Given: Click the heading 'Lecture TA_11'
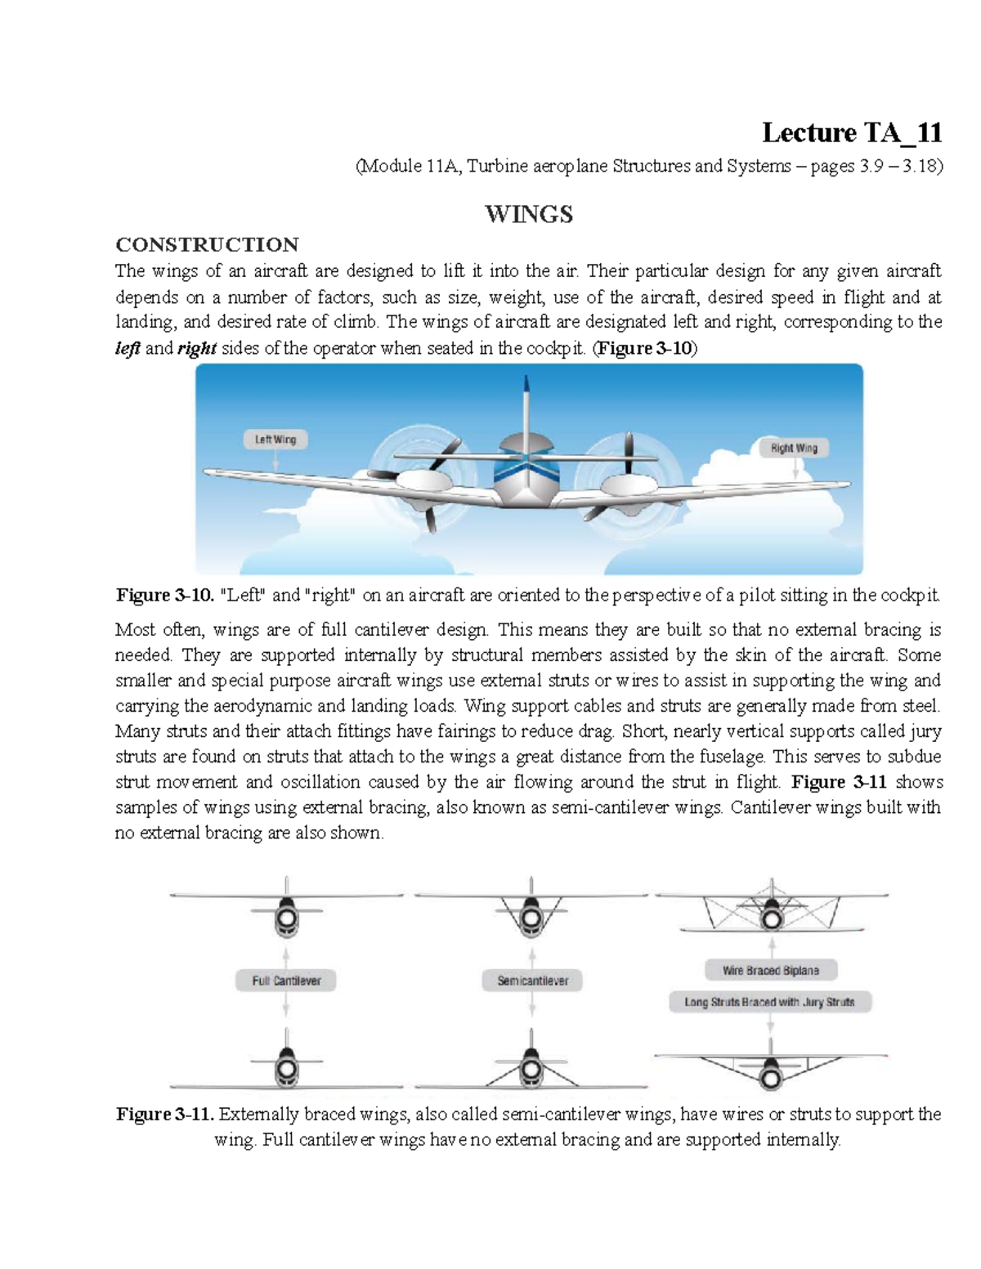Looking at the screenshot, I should pos(851,132).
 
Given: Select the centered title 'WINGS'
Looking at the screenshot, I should pos(529,214).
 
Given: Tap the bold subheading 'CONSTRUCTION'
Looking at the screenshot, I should pos(207,244).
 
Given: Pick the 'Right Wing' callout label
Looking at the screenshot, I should pos(793,448).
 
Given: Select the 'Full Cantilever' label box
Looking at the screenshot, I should pos(285,981).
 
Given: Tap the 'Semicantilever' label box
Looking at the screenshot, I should pos(532,981).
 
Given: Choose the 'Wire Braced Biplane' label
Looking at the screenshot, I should pos(770,971).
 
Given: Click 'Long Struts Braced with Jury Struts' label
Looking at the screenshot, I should pos(769,1002).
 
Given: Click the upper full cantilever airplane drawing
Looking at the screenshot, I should pos(286,911).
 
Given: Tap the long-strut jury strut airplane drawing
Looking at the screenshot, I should pos(771,1066).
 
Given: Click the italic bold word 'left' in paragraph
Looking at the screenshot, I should pos(128,348).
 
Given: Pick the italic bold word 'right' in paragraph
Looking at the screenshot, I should pos(196,348).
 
